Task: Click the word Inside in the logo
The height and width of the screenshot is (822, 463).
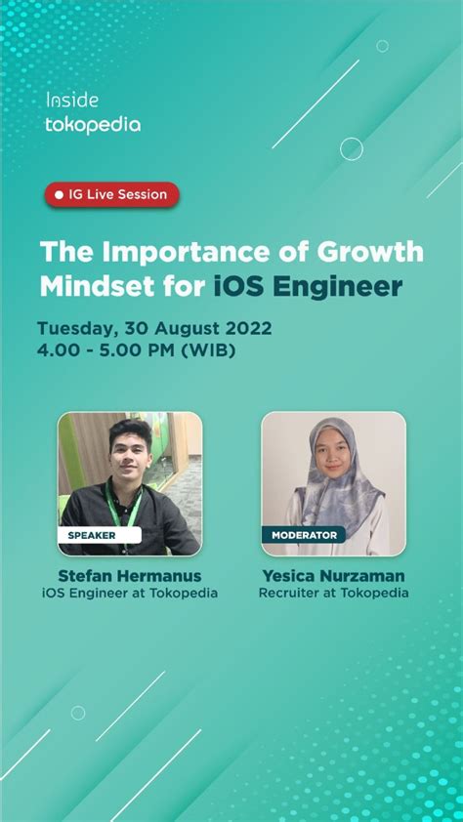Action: pos(72,101)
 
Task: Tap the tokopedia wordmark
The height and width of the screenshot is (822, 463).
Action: pos(93,125)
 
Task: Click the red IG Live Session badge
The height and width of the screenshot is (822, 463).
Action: pos(111,194)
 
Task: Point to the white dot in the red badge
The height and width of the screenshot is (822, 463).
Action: pos(60,195)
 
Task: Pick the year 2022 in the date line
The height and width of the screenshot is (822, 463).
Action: pos(249,329)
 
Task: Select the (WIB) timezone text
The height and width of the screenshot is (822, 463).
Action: pos(208,350)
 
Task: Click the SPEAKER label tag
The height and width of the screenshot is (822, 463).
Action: pos(99,535)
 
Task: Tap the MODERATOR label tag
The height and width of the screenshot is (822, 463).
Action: pos(304,535)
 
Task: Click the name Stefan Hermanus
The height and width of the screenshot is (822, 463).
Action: pos(130,576)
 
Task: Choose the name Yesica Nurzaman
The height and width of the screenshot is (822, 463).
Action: pos(333,576)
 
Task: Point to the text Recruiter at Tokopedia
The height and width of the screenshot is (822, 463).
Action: pos(333,594)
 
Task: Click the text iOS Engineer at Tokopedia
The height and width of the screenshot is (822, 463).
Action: pos(130,594)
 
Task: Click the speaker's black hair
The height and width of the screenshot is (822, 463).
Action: pos(131,430)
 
